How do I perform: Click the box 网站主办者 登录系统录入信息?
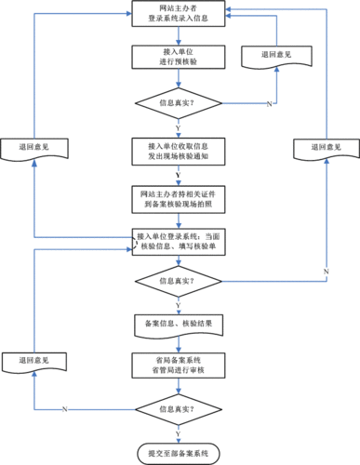click(x=178, y=16)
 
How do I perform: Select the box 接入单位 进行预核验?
click(x=178, y=56)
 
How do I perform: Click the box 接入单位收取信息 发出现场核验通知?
click(x=178, y=153)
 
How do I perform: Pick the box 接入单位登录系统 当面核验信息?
click(x=178, y=240)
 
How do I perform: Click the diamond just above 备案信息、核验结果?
click(x=178, y=279)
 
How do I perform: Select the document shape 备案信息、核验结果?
click(x=178, y=323)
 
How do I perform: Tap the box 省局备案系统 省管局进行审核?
click(x=178, y=365)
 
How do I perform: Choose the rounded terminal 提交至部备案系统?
click(x=178, y=453)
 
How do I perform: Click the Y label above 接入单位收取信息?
click(x=178, y=128)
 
